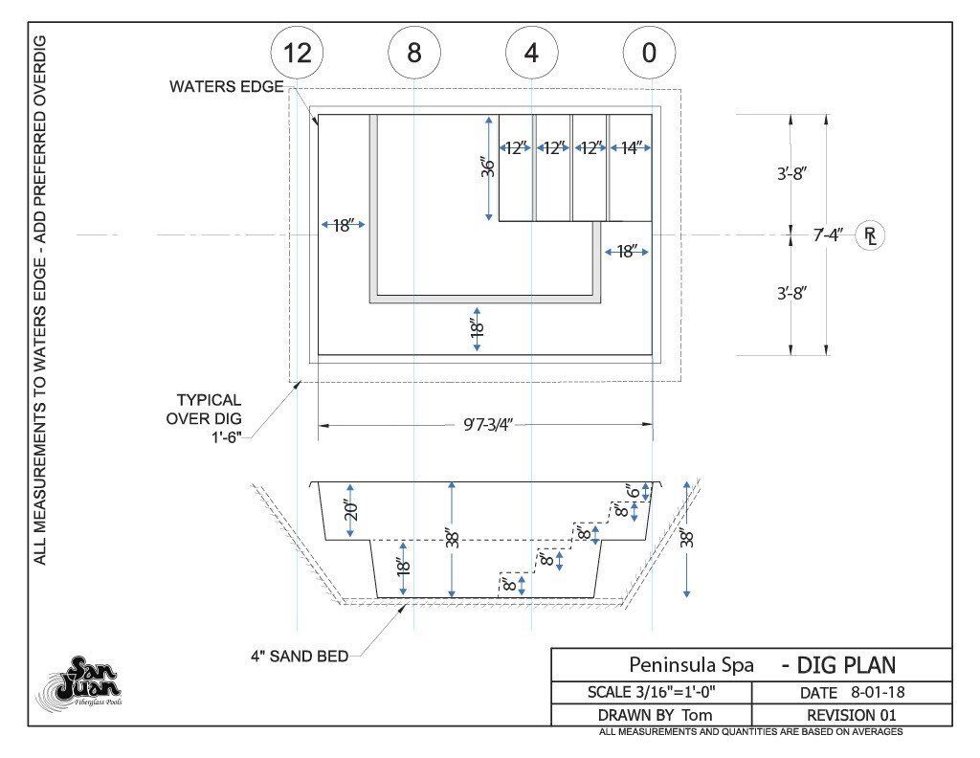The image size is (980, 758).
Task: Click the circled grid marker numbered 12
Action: tap(297, 53)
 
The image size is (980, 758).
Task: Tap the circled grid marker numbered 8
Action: tap(413, 53)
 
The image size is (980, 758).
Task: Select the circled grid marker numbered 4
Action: tap(531, 53)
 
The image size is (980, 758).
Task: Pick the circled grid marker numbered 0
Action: tap(649, 53)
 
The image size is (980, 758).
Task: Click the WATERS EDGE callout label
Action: tap(226, 87)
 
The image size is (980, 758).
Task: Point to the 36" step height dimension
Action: tap(488, 167)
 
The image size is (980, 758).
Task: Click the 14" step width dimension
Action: tap(631, 148)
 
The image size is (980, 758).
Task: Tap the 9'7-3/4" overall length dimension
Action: tap(487, 425)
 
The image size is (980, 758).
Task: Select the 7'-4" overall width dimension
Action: tap(827, 235)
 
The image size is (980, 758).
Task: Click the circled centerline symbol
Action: tap(869, 235)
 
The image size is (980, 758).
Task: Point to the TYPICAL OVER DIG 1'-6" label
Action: tap(204, 418)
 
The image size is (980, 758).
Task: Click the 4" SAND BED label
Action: tap(300, 657)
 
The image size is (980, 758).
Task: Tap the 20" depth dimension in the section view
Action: tap(351, 511)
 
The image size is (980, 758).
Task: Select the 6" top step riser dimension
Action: tap(635, 492)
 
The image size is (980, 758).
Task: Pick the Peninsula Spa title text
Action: tap(691, 664)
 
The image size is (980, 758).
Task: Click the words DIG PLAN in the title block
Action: tap(847, 665)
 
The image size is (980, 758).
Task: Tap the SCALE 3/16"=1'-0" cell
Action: tap(651, 692)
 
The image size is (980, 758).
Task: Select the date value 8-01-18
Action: tap(878, 692)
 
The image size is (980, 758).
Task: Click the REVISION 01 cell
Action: tap(851, 715)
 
